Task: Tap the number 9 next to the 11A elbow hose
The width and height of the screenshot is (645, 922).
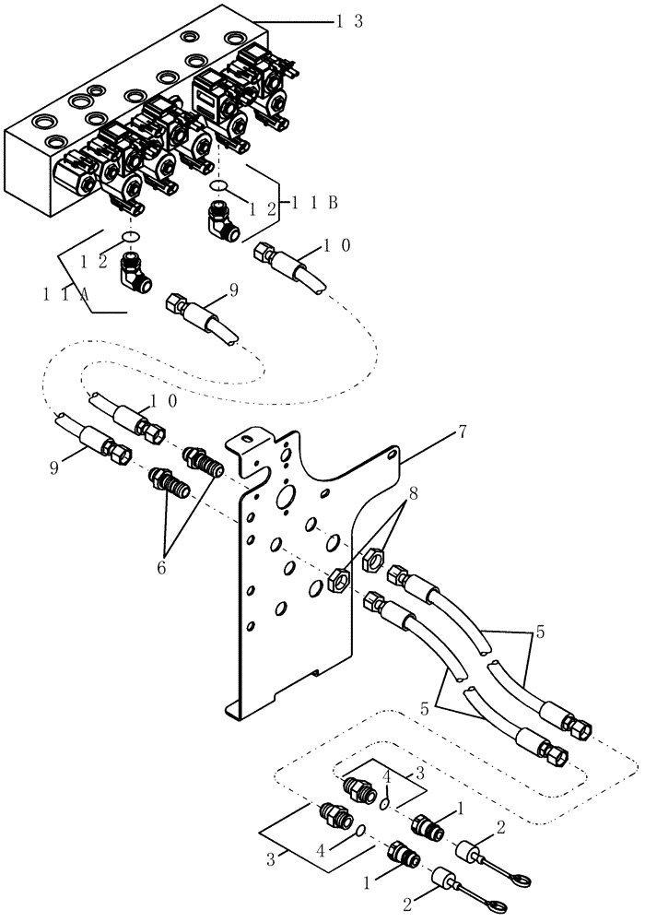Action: (233, 290)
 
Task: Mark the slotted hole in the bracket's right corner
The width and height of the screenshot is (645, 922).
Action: (393, 455)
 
